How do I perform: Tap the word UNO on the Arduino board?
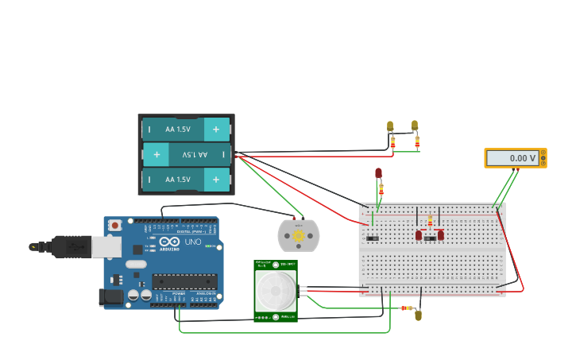click(193, 242)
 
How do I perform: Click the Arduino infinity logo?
click(169, 241)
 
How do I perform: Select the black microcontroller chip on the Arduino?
click(184, 281)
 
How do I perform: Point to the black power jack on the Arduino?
click(110, 297)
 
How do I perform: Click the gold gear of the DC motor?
click(299, 235)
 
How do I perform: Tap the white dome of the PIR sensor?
click(276, 291)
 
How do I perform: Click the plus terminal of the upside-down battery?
click(156, 154)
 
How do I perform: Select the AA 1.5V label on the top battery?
click(178, 129)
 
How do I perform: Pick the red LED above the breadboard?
click(378, 172)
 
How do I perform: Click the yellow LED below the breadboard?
click(419, 315)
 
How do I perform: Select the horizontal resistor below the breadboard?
click(407, 308)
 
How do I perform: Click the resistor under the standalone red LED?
click(381, 189)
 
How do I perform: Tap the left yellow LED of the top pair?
click(390, 126)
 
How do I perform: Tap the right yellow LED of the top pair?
click(415, 125)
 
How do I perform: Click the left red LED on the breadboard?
click(419, 234)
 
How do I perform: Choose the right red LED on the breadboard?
click(441, 234)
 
